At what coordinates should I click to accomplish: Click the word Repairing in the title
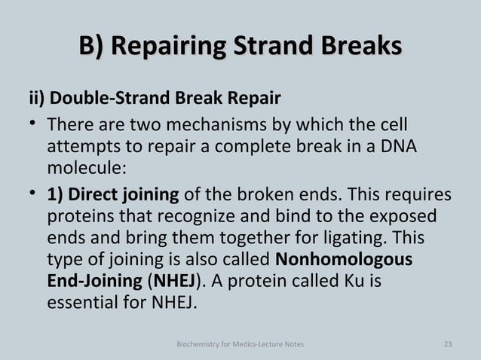click(178, 47)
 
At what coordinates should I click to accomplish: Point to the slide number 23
click(449, 345)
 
